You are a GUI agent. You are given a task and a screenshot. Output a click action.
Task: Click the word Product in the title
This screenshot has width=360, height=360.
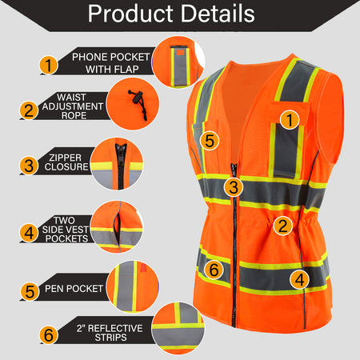click(130, 14)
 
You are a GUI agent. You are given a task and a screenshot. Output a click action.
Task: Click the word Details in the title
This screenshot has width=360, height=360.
click(218, 14)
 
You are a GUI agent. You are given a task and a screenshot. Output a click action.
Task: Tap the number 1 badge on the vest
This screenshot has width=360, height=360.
click(290, 120)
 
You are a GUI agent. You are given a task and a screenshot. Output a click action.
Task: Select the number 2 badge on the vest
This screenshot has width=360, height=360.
click(282, 226)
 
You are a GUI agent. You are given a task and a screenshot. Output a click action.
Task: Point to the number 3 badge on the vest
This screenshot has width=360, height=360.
click(234, 187)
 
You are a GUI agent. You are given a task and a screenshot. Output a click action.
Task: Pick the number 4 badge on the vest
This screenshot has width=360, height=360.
click(300, 280)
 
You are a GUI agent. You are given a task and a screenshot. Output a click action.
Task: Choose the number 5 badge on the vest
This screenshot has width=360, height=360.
click(210, 141)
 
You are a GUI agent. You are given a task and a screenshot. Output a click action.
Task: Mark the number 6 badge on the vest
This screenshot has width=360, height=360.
click(214, 270)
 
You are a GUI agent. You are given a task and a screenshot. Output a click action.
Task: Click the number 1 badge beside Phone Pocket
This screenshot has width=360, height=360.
click(49, 65)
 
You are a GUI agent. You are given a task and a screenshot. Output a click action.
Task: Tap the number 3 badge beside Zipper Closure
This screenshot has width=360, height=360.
click(29, 166)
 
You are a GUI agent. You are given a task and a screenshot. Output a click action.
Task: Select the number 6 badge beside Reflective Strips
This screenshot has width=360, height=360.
click(49, 334)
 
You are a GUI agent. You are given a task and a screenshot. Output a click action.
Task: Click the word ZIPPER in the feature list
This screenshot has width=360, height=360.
click(65, 158)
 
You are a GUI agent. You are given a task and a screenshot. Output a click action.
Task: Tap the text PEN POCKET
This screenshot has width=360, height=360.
click(74, 289)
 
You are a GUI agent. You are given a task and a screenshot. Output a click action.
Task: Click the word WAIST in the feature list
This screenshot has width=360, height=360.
click(71, 97)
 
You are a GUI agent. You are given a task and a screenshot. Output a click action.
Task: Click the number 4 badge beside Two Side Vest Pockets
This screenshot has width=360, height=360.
click(29, 233)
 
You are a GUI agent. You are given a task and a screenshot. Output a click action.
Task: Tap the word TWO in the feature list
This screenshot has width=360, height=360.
click(64, 221)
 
